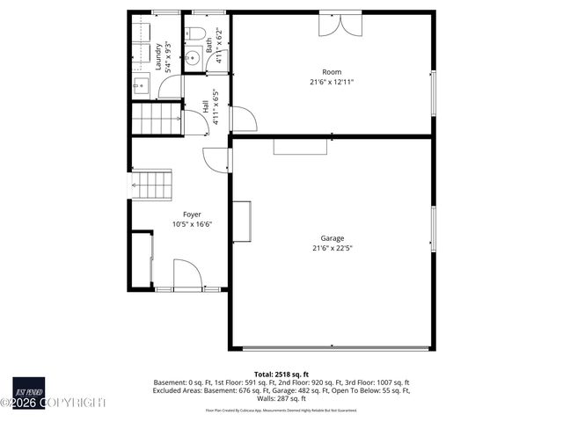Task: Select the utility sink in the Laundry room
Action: click(x=141, y=85)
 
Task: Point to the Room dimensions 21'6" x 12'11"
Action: click(x=331, y=83)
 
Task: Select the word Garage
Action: click(x=332, y=238)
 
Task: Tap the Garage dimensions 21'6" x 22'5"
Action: click(x=332, y=248)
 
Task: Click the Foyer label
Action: click(x=192, y=215)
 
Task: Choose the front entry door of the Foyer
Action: click(x=187, y=275)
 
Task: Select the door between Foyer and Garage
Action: click(x=216, y=159)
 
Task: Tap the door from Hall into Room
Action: click(x=242, y=120)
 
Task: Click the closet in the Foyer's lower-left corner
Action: click(x=141, y=259)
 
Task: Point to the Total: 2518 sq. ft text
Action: click(x=281, y=374)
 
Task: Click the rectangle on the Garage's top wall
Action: click(x=300, y=146)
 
